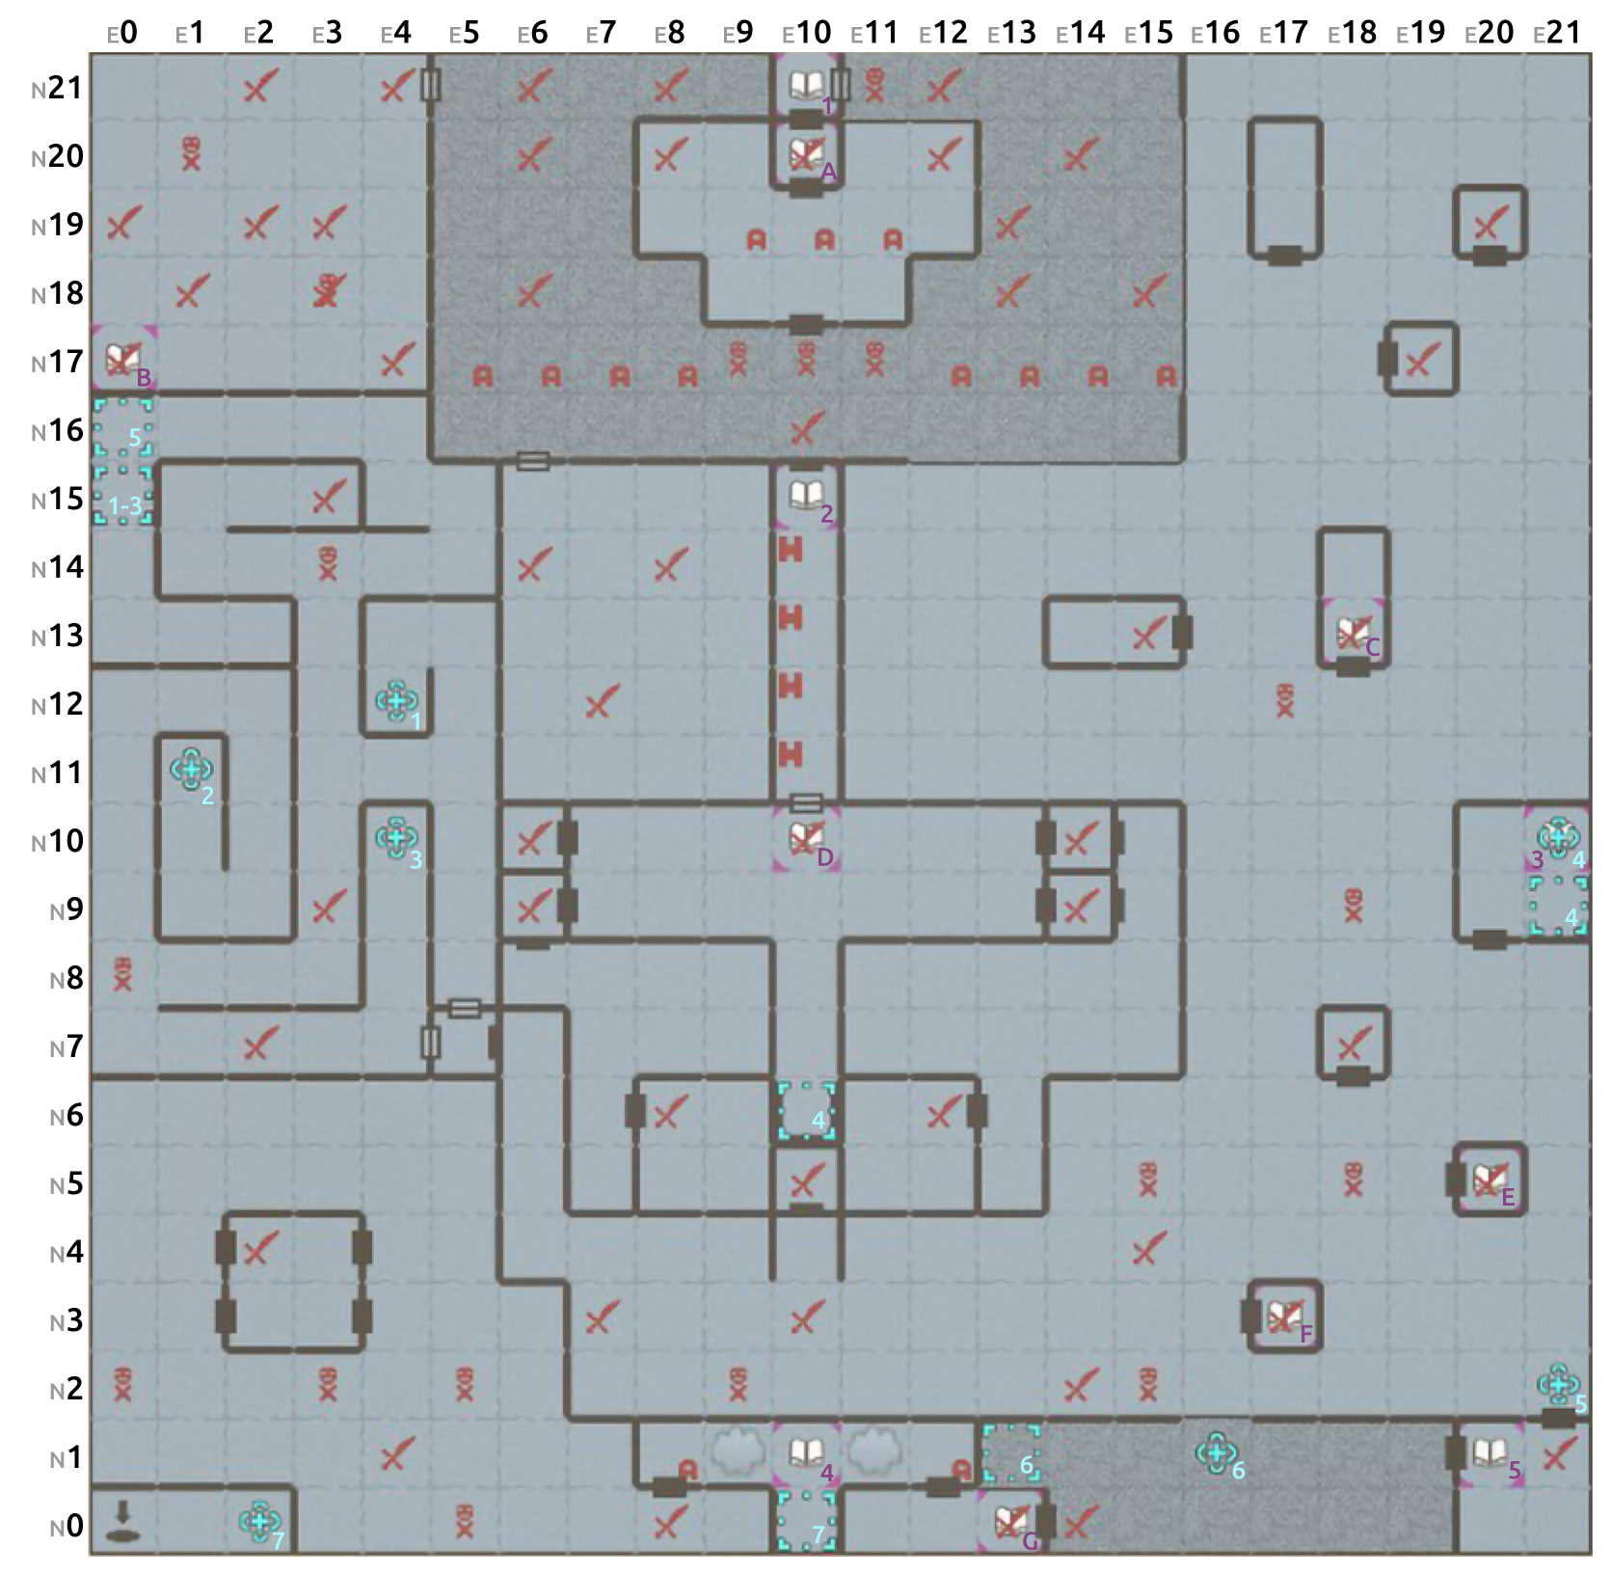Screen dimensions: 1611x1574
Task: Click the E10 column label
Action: (x=807, y=34)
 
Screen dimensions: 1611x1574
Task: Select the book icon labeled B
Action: (x=121, y=359)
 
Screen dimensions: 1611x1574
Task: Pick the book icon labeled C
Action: (x=1352, y=633)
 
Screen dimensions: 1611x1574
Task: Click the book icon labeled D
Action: (x=805, y=837)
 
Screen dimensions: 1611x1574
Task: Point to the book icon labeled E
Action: (x=1489, y=1179)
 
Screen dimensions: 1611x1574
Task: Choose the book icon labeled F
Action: (x=1283, y=1316)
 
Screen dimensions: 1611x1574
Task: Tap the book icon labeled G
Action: (x=1010, y=1522)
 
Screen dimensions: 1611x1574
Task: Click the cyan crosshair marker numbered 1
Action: (x=395, y=699)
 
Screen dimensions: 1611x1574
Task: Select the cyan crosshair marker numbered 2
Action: (x=190, y=769)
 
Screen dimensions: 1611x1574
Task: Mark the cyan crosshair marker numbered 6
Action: (x=1215, y=1452)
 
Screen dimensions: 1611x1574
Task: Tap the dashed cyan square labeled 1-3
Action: (x=123, y=498)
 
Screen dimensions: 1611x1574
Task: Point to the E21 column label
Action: (x=1557, y=34)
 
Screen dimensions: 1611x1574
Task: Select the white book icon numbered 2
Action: (x=805, y=496)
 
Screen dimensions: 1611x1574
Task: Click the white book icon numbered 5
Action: (x=1489, y=1452)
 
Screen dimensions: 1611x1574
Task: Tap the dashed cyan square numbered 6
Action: (x=1010, y=1453)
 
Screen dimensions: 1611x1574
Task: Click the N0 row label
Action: (x=65, y=1527)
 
